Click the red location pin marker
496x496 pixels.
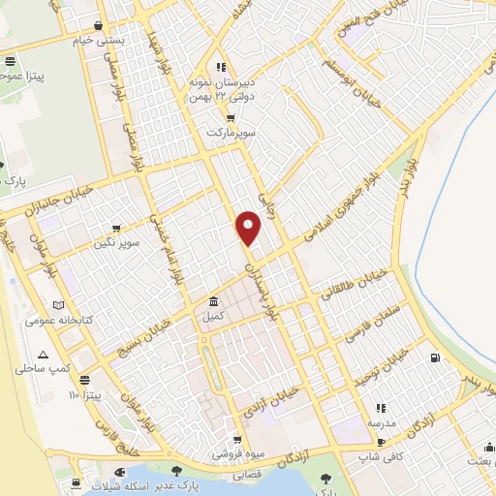(249, 227)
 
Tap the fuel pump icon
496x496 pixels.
(432, 358)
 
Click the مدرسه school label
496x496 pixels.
(381, 424)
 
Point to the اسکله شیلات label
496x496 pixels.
(139, 485)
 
